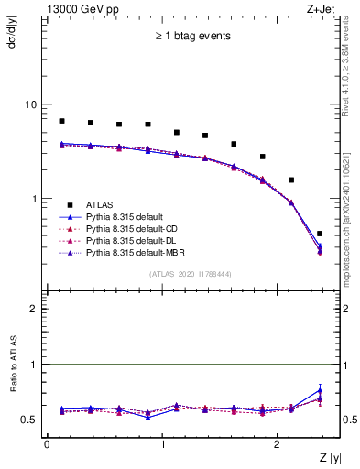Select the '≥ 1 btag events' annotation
coord(191,37)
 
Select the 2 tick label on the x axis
coord(278,444)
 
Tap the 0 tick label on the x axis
coord(47,444)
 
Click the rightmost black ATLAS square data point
coord(320,234)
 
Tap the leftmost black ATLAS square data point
coord(61,121)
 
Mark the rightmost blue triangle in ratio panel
coord(320,391)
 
